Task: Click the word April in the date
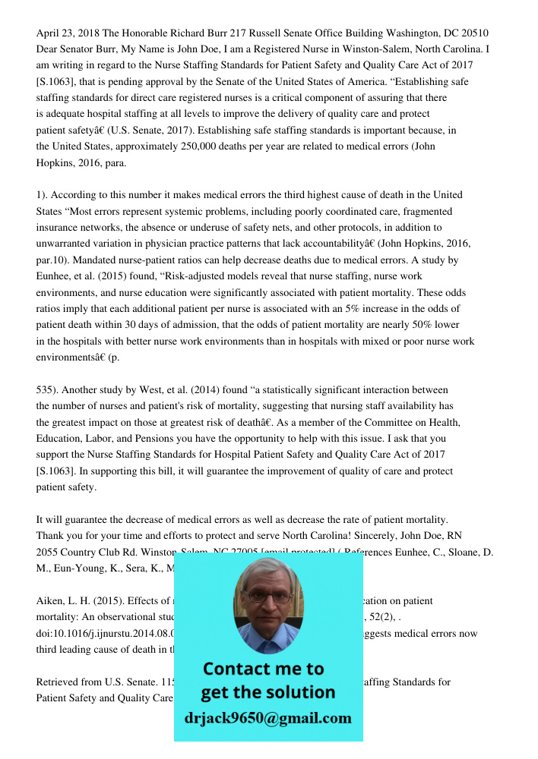(x=49, y=33)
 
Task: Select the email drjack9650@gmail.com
(x=267, y=718)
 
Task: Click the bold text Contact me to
(x=263, y=669)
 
